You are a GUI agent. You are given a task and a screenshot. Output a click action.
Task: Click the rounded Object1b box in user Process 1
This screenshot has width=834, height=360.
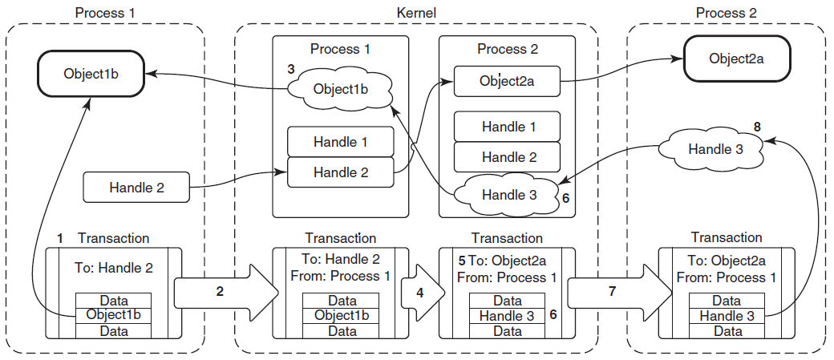(x=91, y=73)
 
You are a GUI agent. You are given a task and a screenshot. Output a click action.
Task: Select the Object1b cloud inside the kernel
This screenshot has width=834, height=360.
(x=340, y=88)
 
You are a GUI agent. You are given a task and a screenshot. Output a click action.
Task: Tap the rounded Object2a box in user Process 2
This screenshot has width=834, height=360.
(x=737, y=59)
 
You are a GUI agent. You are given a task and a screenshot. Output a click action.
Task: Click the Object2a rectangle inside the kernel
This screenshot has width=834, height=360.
(x=507, y=81)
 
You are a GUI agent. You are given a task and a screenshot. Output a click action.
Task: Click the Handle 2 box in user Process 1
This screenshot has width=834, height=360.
(x=136, y=187)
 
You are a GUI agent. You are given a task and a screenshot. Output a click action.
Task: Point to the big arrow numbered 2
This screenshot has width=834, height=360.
(x=227, y=291)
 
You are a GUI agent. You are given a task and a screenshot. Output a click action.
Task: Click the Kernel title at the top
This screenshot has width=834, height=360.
(x=416, y=12)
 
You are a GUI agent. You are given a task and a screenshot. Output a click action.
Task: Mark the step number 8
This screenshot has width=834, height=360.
(x=757, y=127)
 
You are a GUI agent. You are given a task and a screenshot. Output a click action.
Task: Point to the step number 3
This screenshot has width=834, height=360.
(x=290, y=70)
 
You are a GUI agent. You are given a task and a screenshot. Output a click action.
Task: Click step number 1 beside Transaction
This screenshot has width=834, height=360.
(x=60, y=239)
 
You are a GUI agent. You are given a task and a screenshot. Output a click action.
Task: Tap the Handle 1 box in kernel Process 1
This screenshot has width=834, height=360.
(x=340, y=142)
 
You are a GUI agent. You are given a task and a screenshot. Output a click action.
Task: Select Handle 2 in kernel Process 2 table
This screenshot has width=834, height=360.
(x=507, y=157)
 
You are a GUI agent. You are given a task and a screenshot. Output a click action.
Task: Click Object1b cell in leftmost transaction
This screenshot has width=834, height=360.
(x=113, y=315)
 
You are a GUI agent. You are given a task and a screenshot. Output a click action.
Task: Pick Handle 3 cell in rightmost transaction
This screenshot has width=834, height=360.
(x=727, y=315)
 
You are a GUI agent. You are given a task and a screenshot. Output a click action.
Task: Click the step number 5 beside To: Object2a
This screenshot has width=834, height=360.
(x=462, y=261)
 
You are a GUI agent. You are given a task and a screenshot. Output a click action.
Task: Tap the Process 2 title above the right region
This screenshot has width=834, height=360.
(x=726, y=12)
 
